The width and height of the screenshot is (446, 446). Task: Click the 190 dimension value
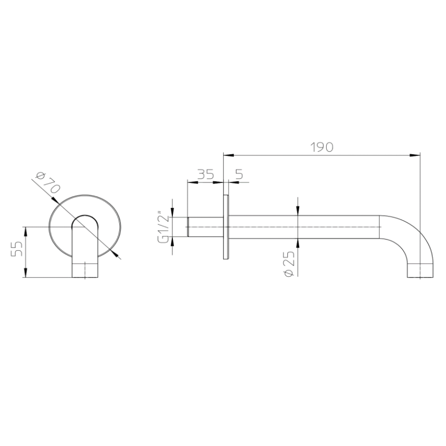(x=321, y=147)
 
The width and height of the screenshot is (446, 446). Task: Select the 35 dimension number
(x=205, y=174)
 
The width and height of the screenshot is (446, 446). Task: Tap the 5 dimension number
(x=240, y=174)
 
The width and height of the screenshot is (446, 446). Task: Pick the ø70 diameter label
(x=48, y=183)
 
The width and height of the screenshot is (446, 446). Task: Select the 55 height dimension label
(x=16, y=249)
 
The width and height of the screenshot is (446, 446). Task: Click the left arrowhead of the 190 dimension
(x=229, y=155)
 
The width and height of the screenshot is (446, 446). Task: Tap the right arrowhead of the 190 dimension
(x=415, y=155)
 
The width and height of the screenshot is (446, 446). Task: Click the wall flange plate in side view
(x=226, y=227)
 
